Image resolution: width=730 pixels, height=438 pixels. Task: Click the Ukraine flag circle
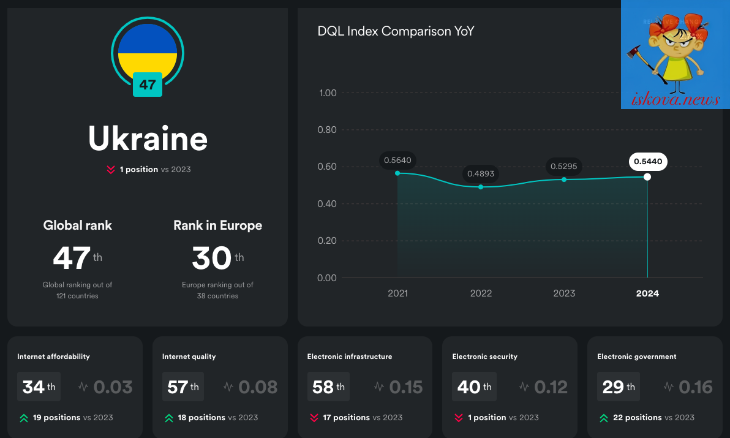tap(148, 53)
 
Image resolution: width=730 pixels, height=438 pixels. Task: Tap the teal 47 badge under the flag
tap(148, 85)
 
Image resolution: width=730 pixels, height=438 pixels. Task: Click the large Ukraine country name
tap(148, 138)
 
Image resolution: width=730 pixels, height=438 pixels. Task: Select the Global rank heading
tap(77, 225)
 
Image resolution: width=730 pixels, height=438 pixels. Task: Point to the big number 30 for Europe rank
tap(212, 258)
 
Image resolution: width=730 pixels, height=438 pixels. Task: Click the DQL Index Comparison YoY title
tap(396, 31)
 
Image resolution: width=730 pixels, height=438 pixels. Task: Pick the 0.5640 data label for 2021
tap(397, 160)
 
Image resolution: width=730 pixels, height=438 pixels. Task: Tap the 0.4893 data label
tap(481, 173)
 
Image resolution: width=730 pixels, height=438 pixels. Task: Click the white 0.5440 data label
tap(648, 162)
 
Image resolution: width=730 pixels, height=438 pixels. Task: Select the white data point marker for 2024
tap(647, 177)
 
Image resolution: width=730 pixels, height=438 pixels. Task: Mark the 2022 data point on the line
tap(481, 187)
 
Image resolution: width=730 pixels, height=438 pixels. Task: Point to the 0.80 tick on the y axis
tap(327, 130)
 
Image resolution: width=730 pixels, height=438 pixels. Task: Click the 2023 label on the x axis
tap(564, 293)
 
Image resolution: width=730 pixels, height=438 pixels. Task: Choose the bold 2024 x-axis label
tap(647, 293)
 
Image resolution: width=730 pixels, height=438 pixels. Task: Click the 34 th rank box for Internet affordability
tap(39, 387)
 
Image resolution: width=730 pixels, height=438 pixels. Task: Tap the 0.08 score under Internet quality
tap(258, 387)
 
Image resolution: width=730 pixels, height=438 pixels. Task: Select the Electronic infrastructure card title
tap(350, 357)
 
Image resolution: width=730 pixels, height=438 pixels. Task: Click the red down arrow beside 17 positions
tap(314, 418)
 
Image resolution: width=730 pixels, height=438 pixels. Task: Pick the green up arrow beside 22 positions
tap(604, 418)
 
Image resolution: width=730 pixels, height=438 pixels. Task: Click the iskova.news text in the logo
tap(675, 99)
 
